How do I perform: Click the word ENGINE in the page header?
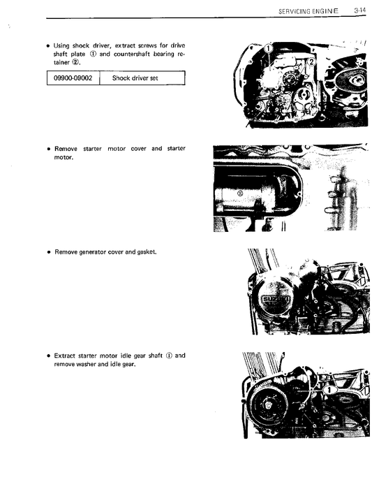(x=323, y=10)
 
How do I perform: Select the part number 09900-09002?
(x=73, y=78)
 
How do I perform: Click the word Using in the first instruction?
(x=64, y=44)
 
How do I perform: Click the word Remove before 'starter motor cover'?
(x=66, y=149)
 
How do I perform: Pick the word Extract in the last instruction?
(x=66, y=356)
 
